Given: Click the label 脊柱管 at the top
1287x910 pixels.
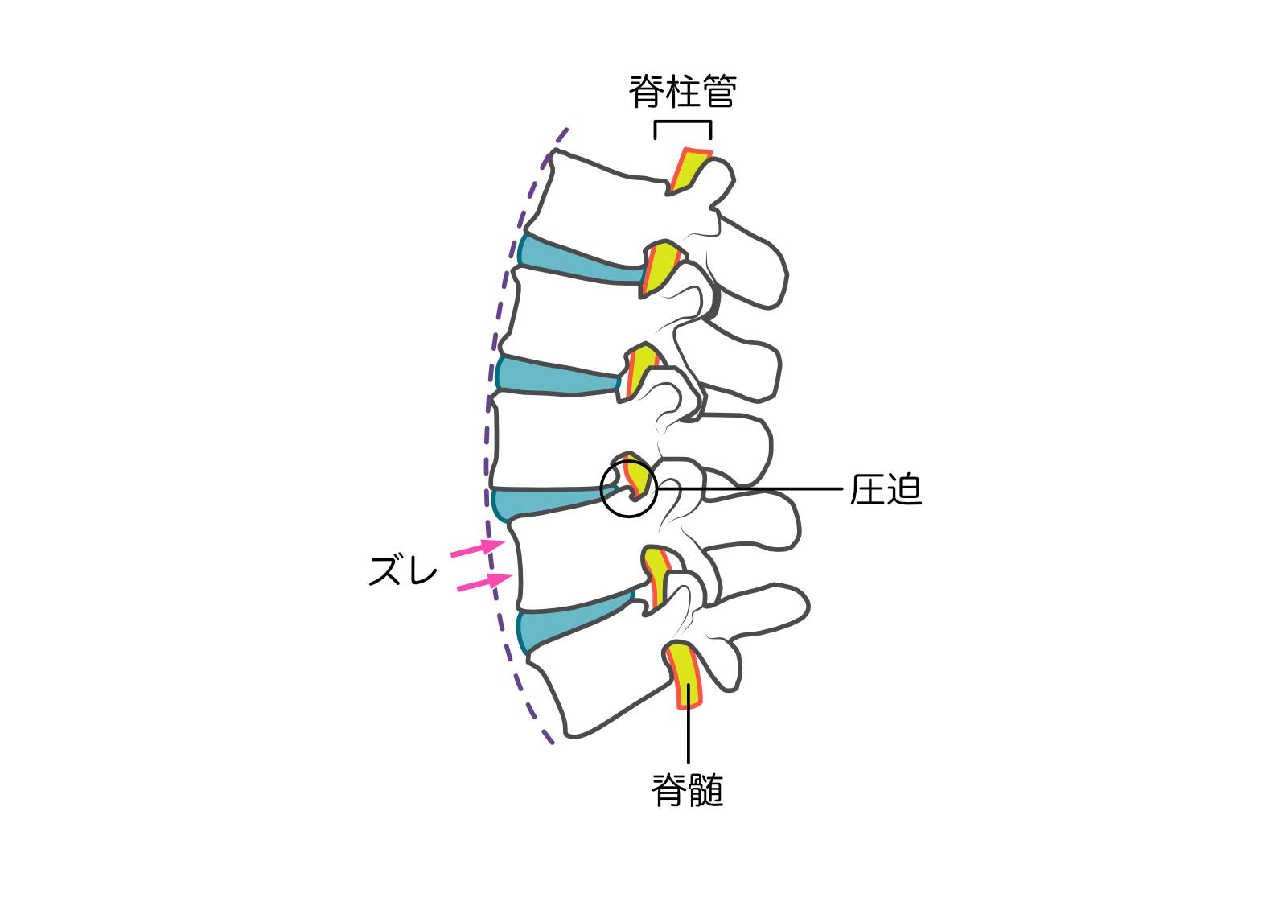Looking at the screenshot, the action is pyautogui.click(x=682, y=92).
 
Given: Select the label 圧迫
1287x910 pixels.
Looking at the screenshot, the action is pyautogui.click(x=886, y=489).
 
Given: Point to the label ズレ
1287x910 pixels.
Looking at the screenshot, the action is pyautogui.click(x=403, y=570).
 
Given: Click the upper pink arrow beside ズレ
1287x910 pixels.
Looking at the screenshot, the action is pyautogui.click(x=477, y=549).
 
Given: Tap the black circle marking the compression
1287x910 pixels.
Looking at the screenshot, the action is pyautogui.click(x=629, y=488).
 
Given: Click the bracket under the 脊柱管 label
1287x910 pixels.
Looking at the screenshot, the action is pyautogui.click(x=683, y=130).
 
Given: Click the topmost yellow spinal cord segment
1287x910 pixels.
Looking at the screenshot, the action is pyautogui.click(x=690, y=171).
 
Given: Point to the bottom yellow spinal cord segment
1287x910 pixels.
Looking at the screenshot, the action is pyautogui.click(x=685, y=675).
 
